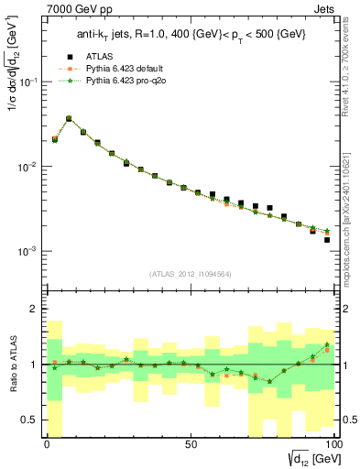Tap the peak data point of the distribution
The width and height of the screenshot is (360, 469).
(69, 118)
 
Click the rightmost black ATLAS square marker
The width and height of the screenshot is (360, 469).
(327, 240)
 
